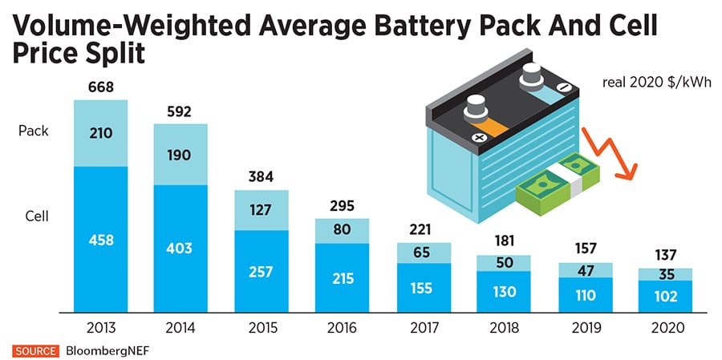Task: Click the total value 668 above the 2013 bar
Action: [101, 87]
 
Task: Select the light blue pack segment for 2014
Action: [180, 155]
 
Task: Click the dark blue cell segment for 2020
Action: [665, 296]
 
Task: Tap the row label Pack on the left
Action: [34, 131]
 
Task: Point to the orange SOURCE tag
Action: [34, 351]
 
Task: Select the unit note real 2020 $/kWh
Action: [658, 82]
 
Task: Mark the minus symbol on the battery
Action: [561, 87]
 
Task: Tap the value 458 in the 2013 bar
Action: [101, 239]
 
